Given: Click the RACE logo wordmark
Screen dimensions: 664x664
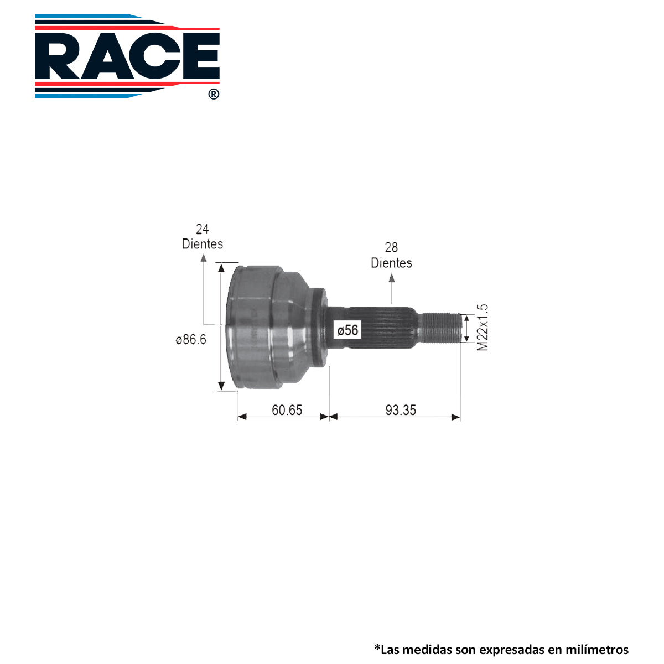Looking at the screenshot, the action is click(x=127, y=56).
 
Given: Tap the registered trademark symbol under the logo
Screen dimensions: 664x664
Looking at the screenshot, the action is click(x=214, y=94).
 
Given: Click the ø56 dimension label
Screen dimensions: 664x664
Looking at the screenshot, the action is click(x=347, y=330).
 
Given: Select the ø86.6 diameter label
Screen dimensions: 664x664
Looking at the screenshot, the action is click(x=190, y=339).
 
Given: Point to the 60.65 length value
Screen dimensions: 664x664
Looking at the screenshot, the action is click(x=287, y=410).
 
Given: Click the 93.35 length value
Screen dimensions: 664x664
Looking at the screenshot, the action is click(x=401, y=410).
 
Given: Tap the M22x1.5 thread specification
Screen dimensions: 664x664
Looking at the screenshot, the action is click(x=483, y=328).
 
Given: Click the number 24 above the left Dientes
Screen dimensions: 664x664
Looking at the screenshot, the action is click(x=203, y=229).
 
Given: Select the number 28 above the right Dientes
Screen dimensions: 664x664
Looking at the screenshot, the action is click(x=391, y=247).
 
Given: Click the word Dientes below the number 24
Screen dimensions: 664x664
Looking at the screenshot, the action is click(x=203, y=244).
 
